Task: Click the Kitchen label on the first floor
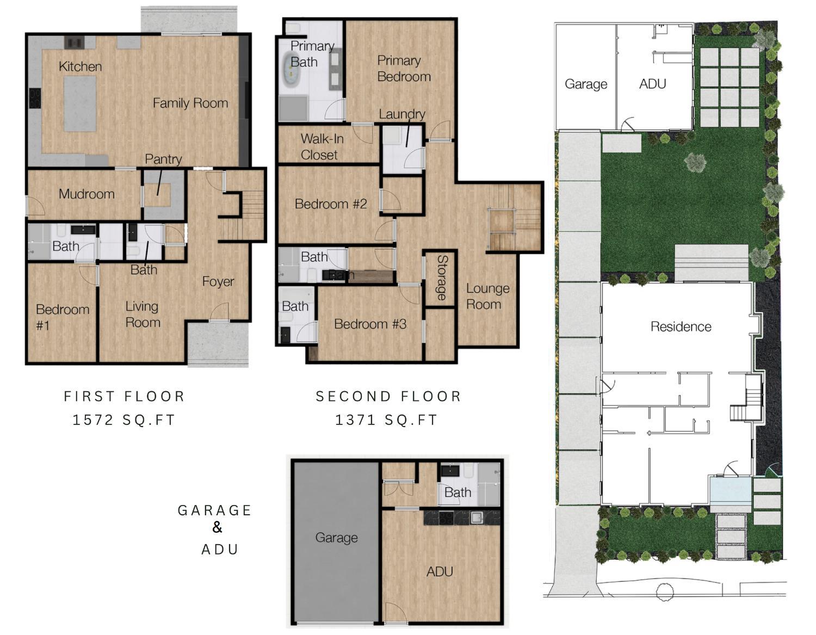pos(80,66)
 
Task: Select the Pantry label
pos(163,159)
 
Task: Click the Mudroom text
pos(86,194)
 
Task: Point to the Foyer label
pos(218,281)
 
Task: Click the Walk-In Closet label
pos(321,147)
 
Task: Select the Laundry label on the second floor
pos(401,114)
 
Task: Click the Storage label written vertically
pos(441,278)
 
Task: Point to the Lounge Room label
pos(487,296)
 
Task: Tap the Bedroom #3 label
pos(370,324)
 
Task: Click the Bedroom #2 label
pos(330,204)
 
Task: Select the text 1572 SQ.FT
pos(124,420)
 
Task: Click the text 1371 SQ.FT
pos(386,420)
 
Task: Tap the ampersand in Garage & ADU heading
pos(217,527)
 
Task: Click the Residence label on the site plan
pos(681,326)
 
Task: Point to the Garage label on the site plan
pos(585,84)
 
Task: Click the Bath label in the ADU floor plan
pos(458,492)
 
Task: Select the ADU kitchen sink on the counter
pos(477,517)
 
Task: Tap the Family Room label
pos(190,103)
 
